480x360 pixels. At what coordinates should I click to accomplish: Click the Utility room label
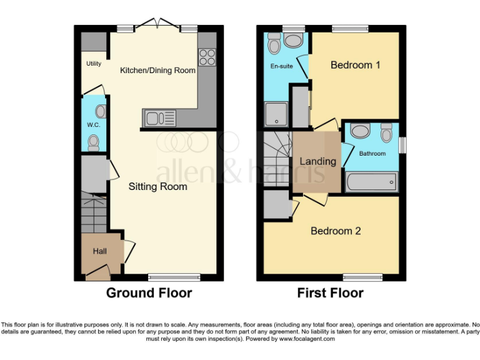pyautogui.click(x=94, y=64)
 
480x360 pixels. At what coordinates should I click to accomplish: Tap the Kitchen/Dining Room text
pyautogui.click(x=157, y=71)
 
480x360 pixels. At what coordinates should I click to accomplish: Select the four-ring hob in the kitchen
pyautogui.click(x=206, y=57)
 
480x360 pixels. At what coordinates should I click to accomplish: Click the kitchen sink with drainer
pyautogui.click(x=160, y=117)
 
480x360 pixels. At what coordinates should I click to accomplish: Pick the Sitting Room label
pyautogui.click(x=158, y=186)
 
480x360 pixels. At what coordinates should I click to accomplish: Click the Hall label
pyautogui.click(x=100, y=251)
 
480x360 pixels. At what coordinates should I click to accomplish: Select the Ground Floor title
pyautogui.click(x=149, y=293)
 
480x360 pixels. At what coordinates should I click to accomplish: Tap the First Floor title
pyautogui.click(x=330, y=293)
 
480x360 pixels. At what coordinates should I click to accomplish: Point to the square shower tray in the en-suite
pyautogui.click(x=275, y=114)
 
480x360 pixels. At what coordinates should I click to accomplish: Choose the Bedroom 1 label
pyautogui.click(x=356, y=65)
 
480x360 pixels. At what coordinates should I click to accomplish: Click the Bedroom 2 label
pyautogui.click(x=336, y=231)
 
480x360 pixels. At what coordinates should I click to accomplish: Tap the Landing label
pyautogui.click(x=318, y=161)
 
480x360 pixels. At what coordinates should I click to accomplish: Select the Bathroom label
pyautogui.click(x=372, y=154)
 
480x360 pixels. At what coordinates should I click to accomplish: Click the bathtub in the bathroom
pyautogui.click(x=371, y=182)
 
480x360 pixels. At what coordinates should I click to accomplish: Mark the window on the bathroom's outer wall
pyautogui.click(x=402, y=144)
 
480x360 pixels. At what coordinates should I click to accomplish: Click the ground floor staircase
pyautogui.click(x=93, y=213)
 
